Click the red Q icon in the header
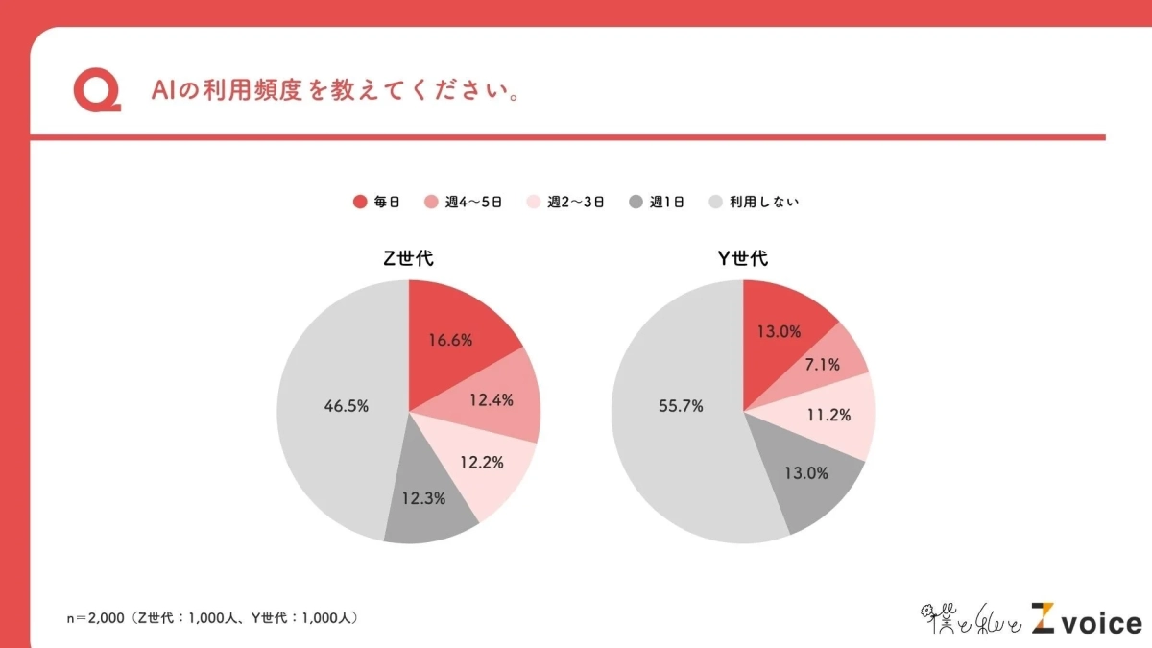(97, 92)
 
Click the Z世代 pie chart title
(409, 259)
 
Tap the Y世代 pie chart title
(743, 259)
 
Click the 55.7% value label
(681, 406)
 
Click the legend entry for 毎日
(376, 202)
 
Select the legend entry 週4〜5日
(464, 202)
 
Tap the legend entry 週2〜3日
(565, 202)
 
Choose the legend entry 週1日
(657, 202)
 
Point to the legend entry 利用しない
(754, 202)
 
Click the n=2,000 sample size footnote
(212, 618)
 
